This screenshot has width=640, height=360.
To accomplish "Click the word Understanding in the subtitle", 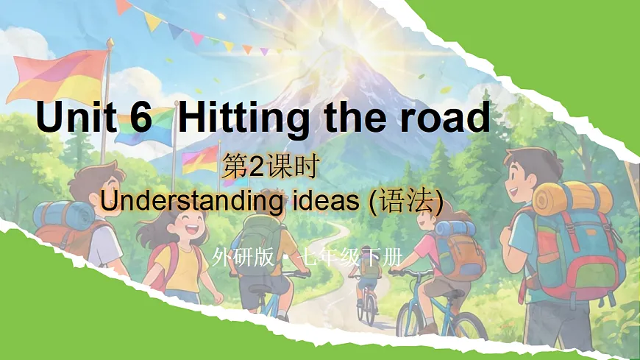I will (190, 202).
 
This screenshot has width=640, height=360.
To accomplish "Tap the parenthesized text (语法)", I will (407, 201).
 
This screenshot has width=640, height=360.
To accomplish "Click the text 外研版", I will (242, 258).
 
